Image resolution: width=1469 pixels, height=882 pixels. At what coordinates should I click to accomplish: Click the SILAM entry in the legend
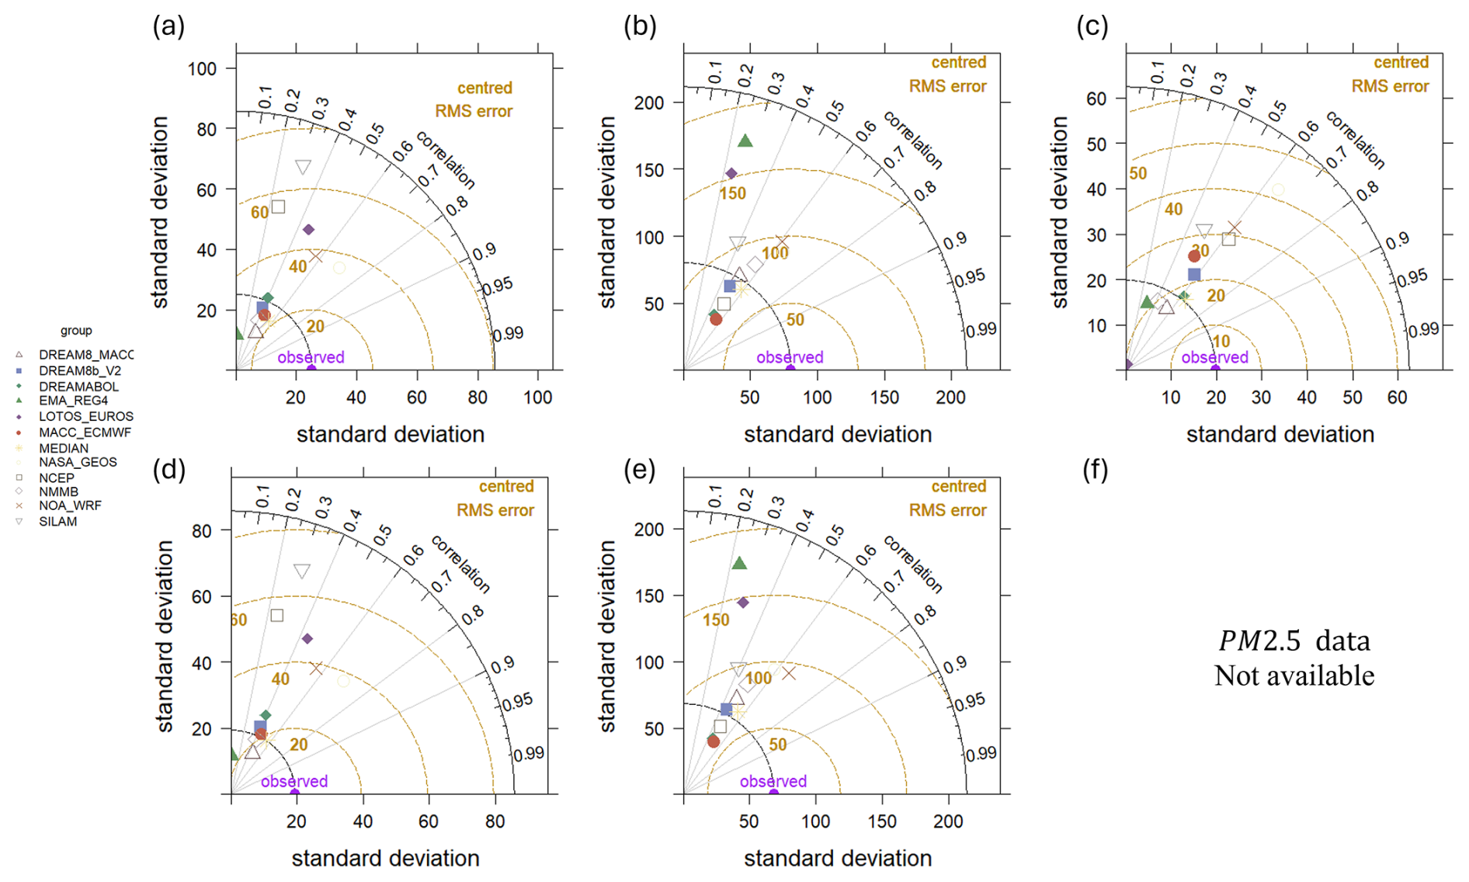pos(57,522)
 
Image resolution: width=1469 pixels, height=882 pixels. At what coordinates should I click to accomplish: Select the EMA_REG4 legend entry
pos(73,401)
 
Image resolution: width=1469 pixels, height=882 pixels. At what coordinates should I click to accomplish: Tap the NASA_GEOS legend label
pos(78,462)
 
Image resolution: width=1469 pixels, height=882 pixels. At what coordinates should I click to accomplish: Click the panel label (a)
pos(168,26)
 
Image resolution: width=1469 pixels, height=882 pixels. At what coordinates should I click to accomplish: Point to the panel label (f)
pos(1095,470)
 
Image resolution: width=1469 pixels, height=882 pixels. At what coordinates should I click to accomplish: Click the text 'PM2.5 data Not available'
pos(1294,658)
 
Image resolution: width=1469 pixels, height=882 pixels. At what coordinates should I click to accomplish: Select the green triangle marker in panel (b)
pos(745,141)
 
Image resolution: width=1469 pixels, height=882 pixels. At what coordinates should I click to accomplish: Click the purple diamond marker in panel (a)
pos(308,230)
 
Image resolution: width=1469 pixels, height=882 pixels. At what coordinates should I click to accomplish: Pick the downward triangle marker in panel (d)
pos(302,571)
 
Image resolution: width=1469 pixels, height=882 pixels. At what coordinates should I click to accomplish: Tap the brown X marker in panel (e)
pos(789,673)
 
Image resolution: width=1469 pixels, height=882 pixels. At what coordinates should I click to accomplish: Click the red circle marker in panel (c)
pos(1194,256)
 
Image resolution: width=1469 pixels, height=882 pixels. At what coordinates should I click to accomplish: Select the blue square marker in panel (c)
pos(1194,275)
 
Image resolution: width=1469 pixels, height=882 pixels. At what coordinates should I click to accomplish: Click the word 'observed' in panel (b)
pos(790,357)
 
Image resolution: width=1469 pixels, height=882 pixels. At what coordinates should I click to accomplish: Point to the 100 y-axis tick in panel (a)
pos(202,69)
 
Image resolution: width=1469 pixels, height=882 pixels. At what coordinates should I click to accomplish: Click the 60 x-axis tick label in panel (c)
pos(1397,398)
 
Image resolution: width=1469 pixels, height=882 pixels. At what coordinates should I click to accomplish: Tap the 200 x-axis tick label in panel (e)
pos(948,821)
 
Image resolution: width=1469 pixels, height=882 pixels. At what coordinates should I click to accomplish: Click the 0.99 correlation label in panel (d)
pos(528,753)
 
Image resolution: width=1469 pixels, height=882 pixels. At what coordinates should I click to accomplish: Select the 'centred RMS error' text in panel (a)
pos(474,99)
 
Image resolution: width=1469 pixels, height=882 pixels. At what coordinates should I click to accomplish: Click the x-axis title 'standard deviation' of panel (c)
pos(1280,434)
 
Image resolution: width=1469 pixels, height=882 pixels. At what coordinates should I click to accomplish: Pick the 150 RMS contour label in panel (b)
pos(732,193)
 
